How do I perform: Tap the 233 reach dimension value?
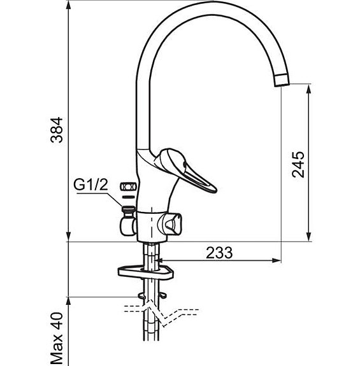point(219,252)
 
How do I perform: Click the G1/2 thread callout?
point(91,185)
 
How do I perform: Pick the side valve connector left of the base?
point(126,224)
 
